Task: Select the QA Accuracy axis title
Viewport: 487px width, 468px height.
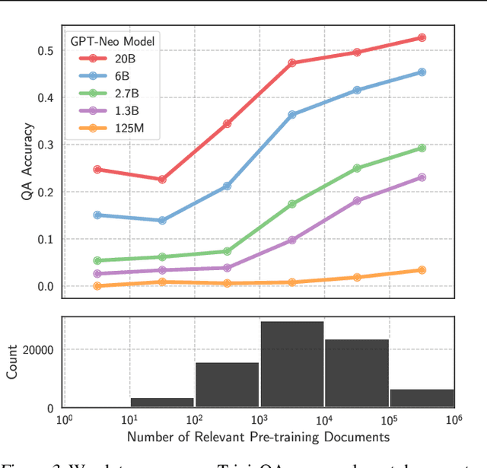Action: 27,164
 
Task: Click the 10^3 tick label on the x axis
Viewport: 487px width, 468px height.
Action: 259,420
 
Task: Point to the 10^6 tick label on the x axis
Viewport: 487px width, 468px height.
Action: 454,420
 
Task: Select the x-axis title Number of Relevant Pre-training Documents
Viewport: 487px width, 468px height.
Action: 258,437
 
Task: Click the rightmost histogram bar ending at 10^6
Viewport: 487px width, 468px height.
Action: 422,399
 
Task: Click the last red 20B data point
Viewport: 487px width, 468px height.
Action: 422,37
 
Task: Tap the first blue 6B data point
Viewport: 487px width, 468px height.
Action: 97,215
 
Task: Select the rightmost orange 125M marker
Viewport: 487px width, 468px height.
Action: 422,270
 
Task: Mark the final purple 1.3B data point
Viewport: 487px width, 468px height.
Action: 422,177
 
